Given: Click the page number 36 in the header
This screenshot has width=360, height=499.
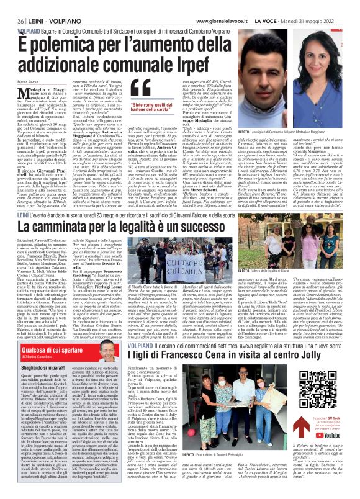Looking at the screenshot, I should pos(11,6).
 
